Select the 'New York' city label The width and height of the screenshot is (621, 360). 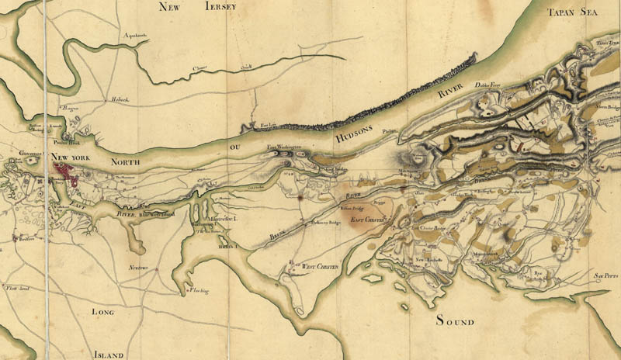click(72, 158)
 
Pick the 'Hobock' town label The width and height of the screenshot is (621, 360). click(118, 99)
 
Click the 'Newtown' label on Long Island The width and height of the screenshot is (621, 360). click(138, 268)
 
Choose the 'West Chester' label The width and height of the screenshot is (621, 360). click(321, 266)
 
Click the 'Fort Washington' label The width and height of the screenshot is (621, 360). click(283, 147)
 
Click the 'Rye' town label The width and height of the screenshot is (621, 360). click(537, 273)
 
